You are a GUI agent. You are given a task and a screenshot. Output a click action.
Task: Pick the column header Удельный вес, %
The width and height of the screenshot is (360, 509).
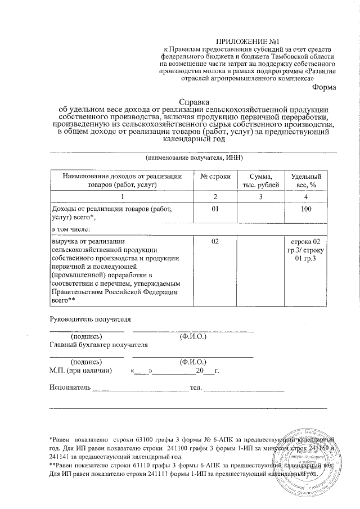305,180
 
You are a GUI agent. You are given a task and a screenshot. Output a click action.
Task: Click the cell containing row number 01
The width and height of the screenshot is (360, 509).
215,209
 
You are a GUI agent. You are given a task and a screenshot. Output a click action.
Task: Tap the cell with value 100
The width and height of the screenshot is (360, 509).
305,209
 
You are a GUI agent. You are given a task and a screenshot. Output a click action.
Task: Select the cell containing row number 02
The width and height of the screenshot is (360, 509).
215,241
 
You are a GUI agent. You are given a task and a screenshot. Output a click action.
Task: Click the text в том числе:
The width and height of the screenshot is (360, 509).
71,229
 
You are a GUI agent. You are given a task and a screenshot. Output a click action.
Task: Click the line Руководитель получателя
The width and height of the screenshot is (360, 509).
90,318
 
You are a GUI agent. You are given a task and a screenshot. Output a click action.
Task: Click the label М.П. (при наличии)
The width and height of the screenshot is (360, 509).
80,371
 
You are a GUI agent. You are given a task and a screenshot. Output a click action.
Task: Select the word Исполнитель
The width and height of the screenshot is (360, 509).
70,388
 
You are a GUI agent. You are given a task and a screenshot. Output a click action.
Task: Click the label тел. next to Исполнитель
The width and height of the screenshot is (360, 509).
196,388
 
